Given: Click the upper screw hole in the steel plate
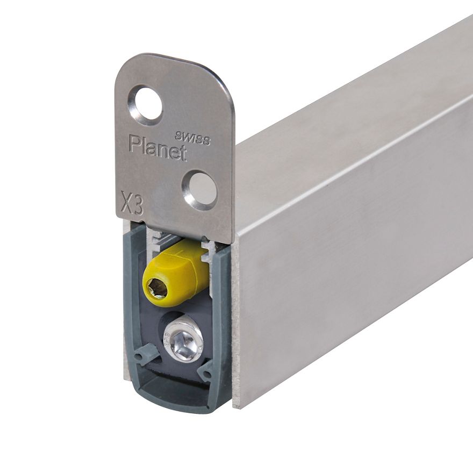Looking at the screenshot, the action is pos(147,106).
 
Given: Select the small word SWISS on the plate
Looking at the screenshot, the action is pos(193,139).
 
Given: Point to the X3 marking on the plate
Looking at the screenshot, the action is pos(132,203).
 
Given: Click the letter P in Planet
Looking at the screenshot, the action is pos(134,144).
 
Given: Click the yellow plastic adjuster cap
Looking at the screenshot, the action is pos(176,273).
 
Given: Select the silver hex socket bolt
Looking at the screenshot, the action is pos(183,342).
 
